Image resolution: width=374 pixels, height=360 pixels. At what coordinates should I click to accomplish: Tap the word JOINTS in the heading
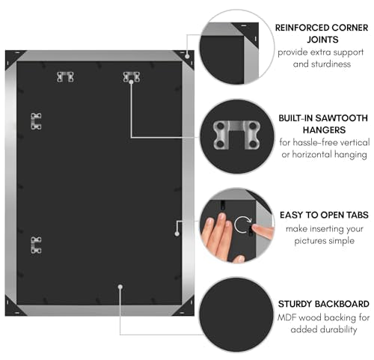322,40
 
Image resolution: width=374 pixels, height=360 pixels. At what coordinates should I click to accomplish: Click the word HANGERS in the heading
324,130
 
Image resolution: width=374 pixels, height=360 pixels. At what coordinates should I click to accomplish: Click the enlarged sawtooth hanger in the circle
236,135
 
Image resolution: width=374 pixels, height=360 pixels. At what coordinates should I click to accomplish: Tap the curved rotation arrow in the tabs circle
242,225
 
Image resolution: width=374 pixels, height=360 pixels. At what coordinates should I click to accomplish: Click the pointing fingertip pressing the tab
257,228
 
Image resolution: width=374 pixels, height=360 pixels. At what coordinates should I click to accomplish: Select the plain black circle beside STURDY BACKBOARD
236,314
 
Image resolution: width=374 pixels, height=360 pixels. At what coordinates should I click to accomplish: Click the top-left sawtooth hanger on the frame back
65,77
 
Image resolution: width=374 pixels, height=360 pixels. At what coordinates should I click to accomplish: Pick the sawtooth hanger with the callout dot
132,77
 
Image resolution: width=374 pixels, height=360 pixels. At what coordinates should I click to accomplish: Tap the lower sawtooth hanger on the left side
36,245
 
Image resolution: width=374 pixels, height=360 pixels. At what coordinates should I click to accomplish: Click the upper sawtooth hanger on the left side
36,121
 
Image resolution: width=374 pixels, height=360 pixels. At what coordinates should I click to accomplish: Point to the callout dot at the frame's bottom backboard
120,287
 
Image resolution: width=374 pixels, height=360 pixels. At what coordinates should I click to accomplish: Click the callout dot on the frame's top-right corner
187,56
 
